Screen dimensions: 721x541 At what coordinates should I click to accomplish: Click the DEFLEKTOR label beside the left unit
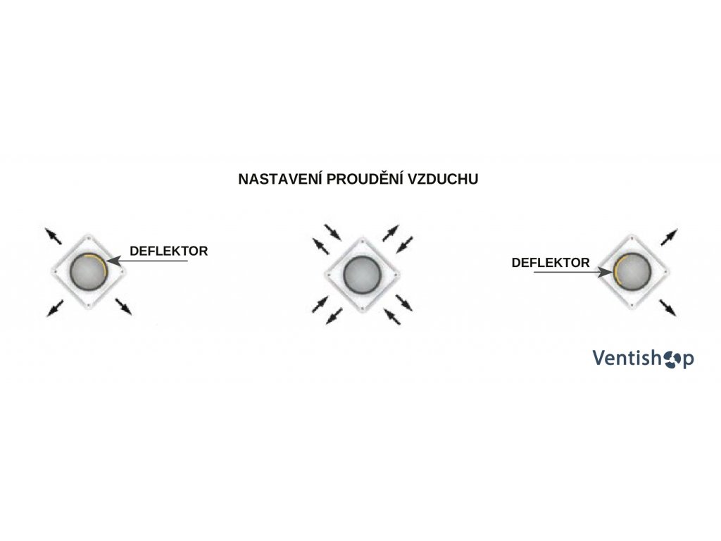[169, 250]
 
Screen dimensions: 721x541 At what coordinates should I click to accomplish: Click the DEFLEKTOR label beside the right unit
[551, 263]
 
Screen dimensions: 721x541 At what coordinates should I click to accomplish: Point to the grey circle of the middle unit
[361, 272]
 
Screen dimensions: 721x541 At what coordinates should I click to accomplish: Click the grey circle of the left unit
[88, 270]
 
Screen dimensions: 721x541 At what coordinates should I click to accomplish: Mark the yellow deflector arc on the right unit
[615, 271]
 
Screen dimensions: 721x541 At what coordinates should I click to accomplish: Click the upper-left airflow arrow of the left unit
[53, 235]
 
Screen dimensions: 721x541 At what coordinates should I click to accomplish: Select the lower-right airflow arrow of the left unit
[123, 306]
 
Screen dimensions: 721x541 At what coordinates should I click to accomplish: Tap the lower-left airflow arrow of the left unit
[53, 307]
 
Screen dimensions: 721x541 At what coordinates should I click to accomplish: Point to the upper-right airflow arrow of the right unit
[669, 236]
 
